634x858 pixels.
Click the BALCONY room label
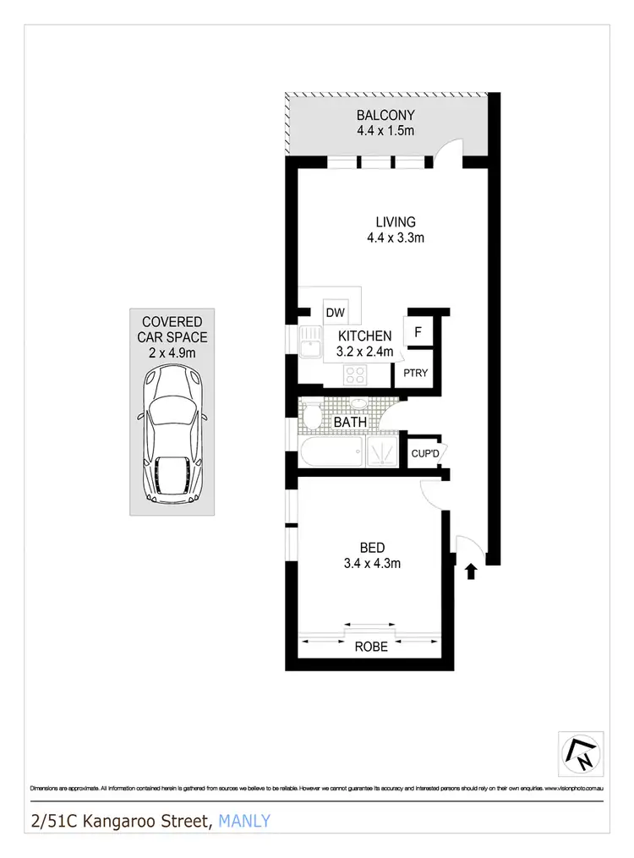(x=385, y=116)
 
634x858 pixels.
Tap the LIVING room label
(x=396, y=222)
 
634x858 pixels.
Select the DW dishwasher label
(x=336, y=313)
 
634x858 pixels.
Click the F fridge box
(x=418, y=332)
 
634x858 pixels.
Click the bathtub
(x=331, y=451)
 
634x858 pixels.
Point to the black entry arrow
(x=471, y=572)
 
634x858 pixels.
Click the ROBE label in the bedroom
(x=371, y=647)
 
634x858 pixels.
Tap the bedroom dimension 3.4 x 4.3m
(x=372, y=564)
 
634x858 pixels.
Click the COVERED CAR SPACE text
(x=172, y=329)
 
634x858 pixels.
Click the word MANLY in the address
(x=244, y=821)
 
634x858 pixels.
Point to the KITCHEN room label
(x=365, y=336)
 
